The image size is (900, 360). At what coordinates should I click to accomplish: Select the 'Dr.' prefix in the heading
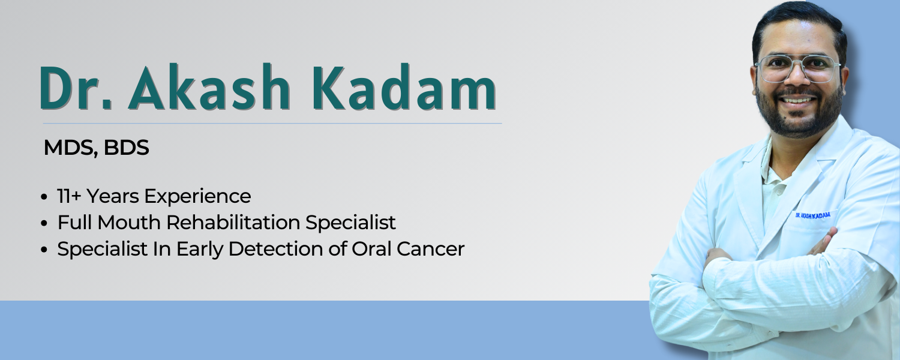pyautogui.click(x=75, y=88)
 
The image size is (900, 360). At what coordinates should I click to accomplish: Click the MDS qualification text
pyautogui.click(x=71, y=148)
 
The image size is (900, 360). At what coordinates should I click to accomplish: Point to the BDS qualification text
pyautogui.click(x=126, y=148)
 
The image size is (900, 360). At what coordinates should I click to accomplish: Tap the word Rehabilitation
pyautogui.click(x=233, y=222)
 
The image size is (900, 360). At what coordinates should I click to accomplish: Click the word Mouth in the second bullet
pyautogui.click(x=128, y=222)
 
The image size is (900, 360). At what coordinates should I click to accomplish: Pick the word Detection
pyautogui.click(x=275, y=249)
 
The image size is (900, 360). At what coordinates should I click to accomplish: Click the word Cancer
pyautogui.click(x=430, y=249)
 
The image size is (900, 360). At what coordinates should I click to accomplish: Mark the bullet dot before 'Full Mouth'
pyautogui.click(x=44, y=223)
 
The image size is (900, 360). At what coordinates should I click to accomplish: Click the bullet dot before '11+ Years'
pyautogui.click(x=44, y=197)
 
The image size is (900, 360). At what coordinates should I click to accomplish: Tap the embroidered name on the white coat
pyautogui.click(x=813, y=215)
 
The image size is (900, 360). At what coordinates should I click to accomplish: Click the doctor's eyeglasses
pyautogui.click(x=798, y=68)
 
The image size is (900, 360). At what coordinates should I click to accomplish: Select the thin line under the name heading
pyautogui.click(x=272, y=124)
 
